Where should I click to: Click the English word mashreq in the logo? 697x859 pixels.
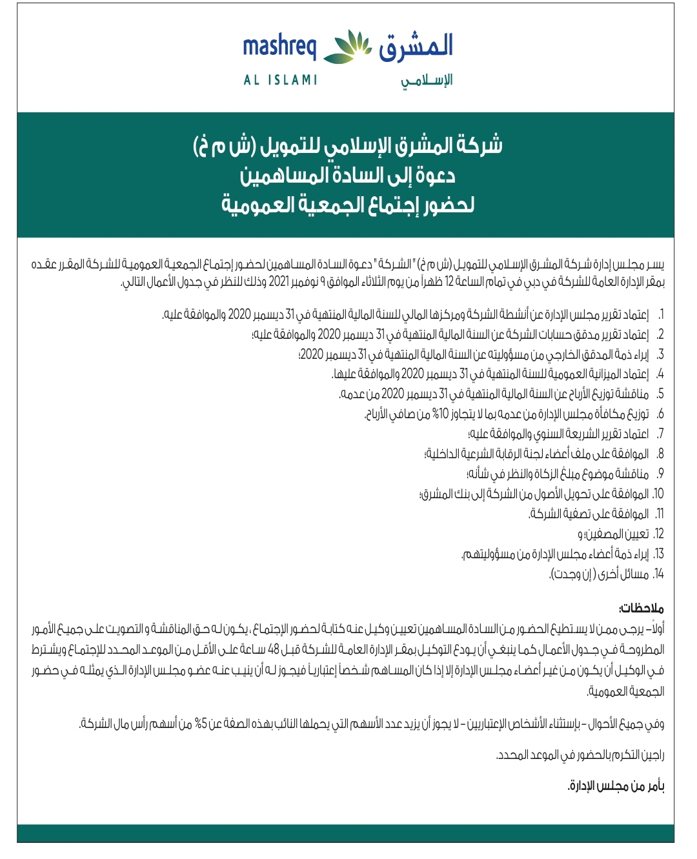click(x=279, y=47)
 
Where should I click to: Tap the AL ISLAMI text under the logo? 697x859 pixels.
click(x=280, y=80)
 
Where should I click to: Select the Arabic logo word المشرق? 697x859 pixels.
click(x=416, y=46)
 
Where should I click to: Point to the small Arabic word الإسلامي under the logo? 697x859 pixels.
click(x=427, y=81)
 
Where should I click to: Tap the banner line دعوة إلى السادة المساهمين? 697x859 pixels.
click(x=347, y=176)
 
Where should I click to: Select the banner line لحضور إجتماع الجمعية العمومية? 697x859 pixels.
click(x=347, y=205)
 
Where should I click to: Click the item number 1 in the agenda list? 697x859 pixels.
click(x=660, y=315)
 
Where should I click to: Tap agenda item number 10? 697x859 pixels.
click(x=658, y=494)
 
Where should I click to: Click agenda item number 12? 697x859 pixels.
click(x=658, y=534)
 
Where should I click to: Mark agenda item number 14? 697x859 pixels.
click(x=658, y=574)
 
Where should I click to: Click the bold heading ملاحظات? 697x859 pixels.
click(x=641, y=609)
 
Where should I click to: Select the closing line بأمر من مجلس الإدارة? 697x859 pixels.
click(x=616, y=786)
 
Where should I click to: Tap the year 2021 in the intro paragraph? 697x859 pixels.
click(x=279, y=282)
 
